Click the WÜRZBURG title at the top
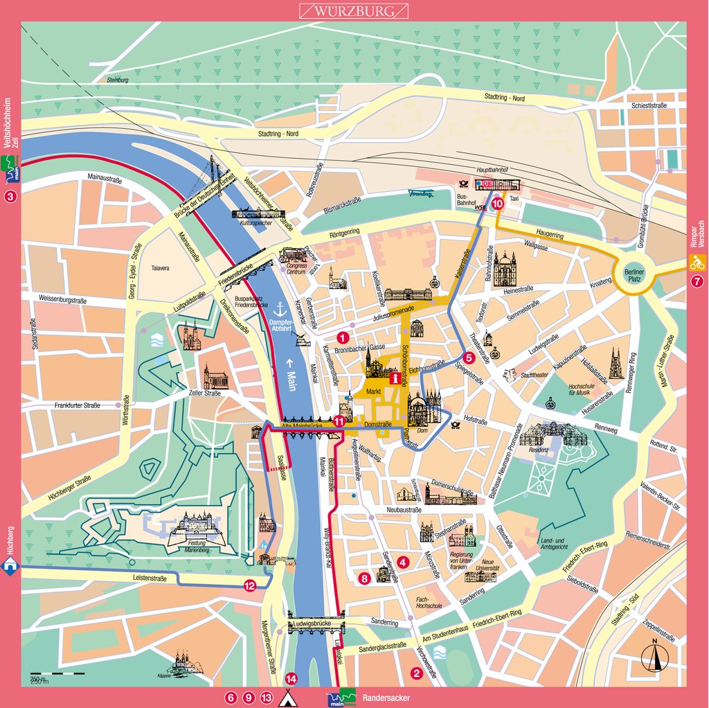(353, 11)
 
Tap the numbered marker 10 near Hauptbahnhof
(498, 204)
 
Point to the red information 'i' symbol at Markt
(395, 379)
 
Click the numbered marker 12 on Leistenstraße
(249, 586)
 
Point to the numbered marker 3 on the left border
(10, 197)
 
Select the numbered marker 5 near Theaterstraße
(468, 358)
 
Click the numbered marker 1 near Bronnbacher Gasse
(341, 337)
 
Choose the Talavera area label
(160, 267)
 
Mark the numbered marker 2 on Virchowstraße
(416, 672)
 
